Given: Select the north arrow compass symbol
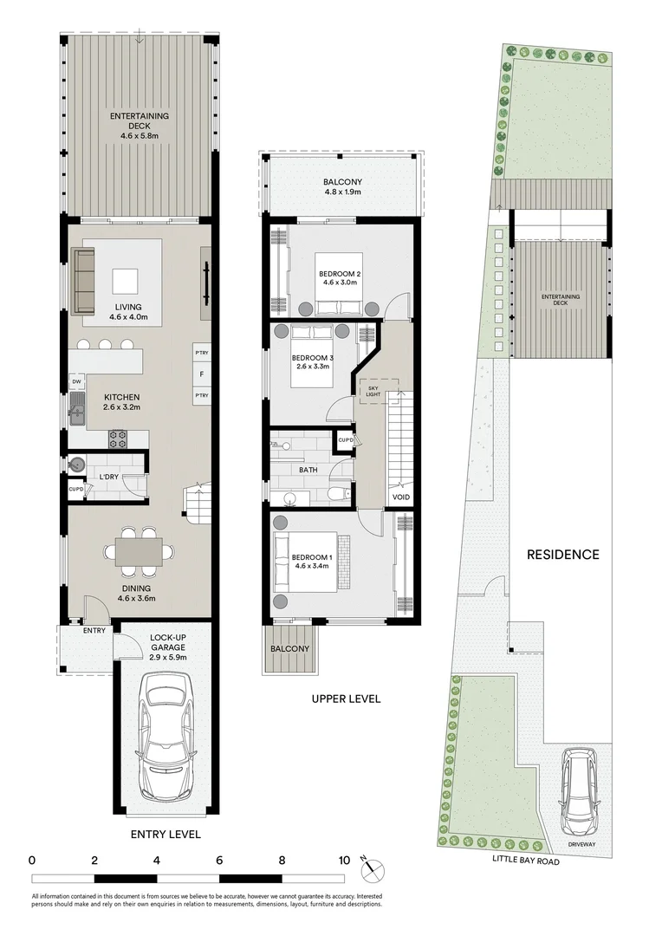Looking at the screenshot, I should [371, 867].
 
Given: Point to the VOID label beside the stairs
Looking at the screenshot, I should [400, 497].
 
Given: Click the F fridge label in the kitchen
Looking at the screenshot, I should [202, 374].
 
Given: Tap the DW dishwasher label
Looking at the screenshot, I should [76, 381].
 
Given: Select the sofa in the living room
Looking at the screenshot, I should [84, 282].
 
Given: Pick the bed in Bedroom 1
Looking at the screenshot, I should [308, 563].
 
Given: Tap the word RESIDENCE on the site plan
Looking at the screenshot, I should [563, 555].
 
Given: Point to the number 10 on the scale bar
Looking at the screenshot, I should [344, 861].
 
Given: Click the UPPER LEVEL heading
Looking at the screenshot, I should [345, 699].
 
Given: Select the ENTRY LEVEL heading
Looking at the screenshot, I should [165, 835].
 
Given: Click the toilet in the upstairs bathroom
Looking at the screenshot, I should [338, 494].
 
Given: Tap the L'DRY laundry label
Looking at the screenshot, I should [108, 478].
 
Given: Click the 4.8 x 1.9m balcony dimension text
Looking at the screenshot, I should [342, 192].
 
